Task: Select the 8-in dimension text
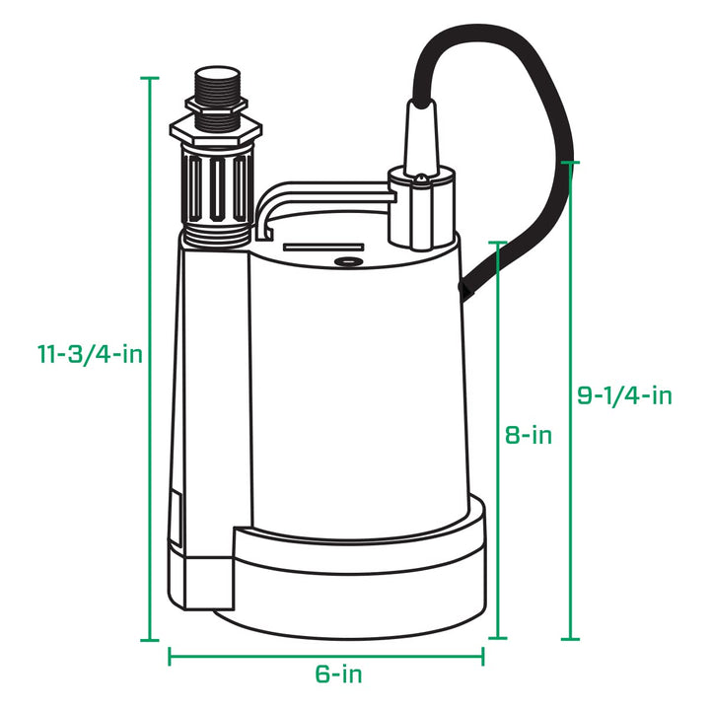pos(528,435)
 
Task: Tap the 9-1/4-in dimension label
pos(624,396)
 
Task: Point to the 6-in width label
pos(338,674)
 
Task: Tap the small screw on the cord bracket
pos(421,179)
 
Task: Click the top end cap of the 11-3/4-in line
pos(150,78)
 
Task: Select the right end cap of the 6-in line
pos(482,656)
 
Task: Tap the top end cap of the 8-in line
pos(499,241)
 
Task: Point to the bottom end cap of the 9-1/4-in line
pos(570,640)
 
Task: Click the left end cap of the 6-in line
pos(170,656)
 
